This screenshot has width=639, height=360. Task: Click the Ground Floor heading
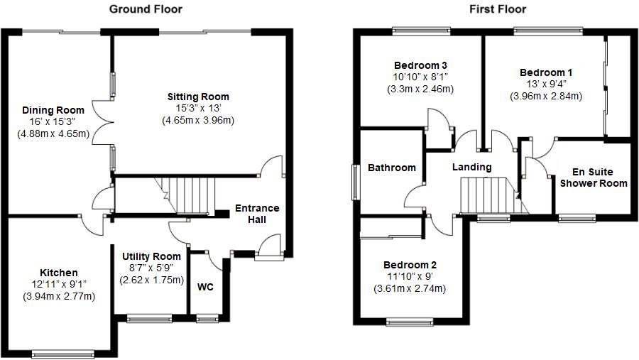click(145, 9)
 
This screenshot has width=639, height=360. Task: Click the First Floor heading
click(498, 9)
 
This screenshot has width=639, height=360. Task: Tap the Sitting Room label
click(198, 97)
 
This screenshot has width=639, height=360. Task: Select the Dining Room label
click(53, 110)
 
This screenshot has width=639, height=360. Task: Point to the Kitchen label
click(59, 273)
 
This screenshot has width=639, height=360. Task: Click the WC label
click(206, 288)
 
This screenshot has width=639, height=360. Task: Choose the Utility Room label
click(151, 256)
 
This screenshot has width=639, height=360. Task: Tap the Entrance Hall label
click(257, 214)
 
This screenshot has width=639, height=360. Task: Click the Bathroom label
click(391, 168)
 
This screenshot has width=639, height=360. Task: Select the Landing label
click(472, 167)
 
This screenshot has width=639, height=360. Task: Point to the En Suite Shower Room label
click(594, 178)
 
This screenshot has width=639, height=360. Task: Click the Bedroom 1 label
click(546, 72)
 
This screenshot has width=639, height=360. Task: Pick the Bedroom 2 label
click(409, 265)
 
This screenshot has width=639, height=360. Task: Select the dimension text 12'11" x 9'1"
click(59, 285)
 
